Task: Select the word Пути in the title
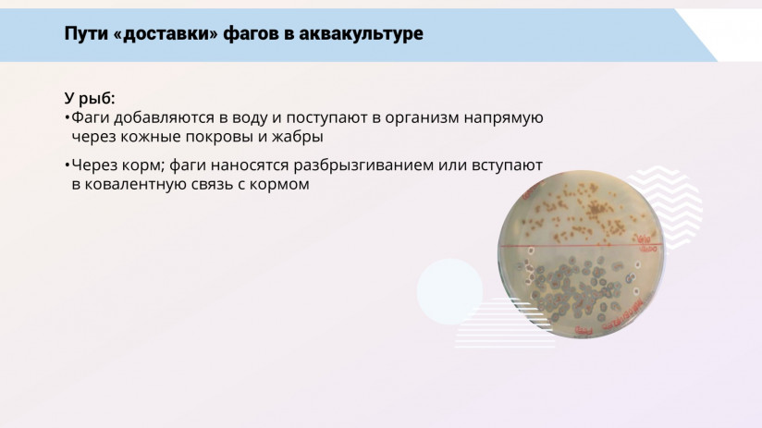84,33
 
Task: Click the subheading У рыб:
90,98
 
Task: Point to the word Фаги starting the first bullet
91,117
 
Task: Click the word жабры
297,136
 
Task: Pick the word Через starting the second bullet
93,164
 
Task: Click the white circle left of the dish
449,291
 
